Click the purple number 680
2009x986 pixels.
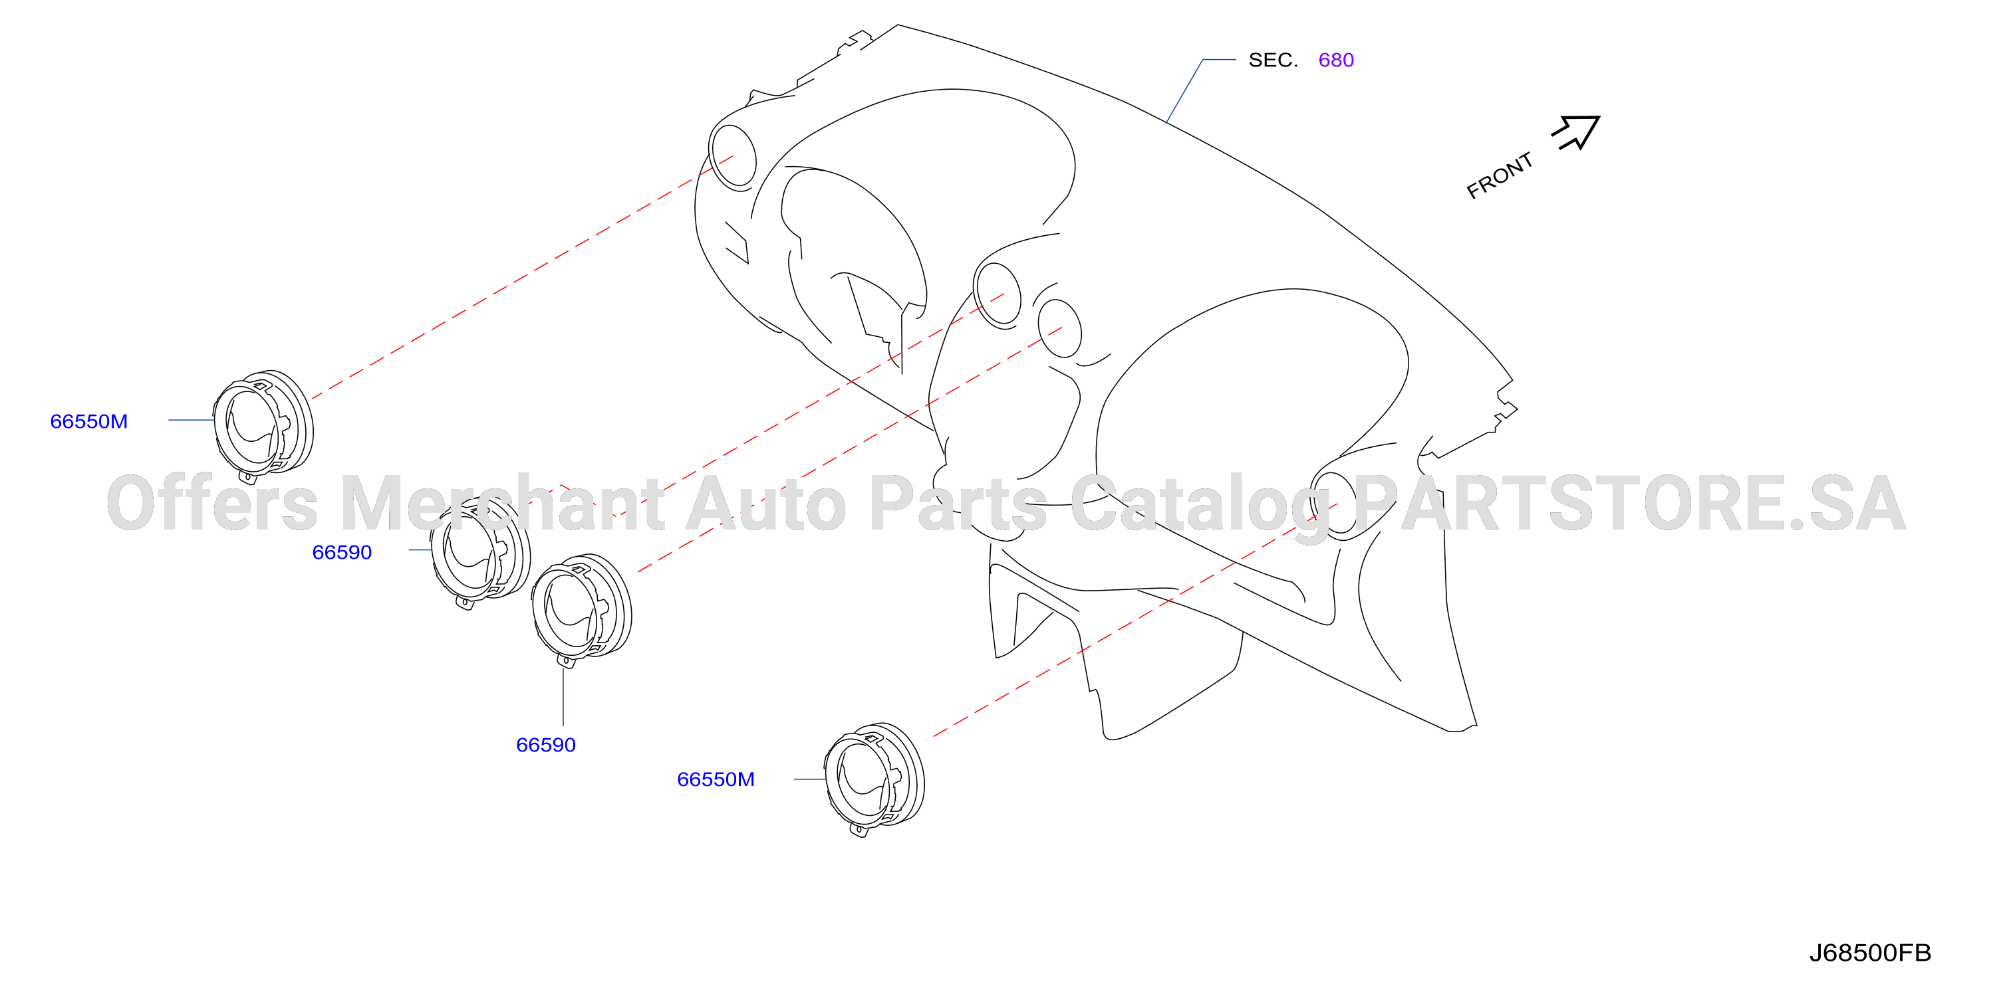1335,60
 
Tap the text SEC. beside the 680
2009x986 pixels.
1273,60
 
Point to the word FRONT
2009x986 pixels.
1499,175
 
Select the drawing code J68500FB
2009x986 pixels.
1869,953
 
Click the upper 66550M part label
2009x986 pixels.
89,422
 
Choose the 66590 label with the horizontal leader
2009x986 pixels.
342,553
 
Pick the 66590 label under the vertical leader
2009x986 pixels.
546,745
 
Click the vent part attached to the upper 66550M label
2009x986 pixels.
263,425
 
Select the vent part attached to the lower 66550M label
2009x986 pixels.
874,779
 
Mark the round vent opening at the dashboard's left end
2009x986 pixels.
732,157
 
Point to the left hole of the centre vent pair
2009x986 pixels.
998,294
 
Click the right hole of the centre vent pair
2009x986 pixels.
1060,328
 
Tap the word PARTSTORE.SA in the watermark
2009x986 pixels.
1630,504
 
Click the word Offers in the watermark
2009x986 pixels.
212,504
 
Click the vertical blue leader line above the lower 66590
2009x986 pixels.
563,697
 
